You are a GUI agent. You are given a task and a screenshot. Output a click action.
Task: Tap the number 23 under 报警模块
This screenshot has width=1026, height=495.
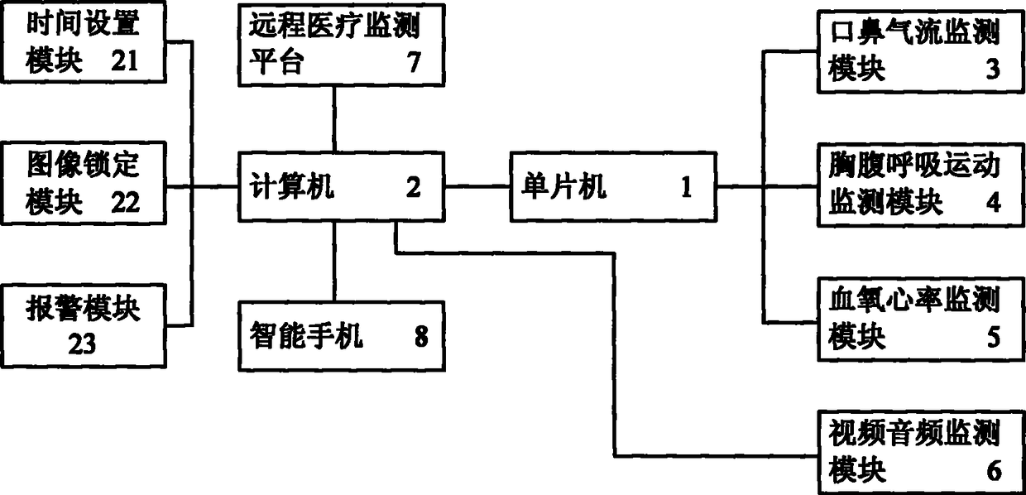82,344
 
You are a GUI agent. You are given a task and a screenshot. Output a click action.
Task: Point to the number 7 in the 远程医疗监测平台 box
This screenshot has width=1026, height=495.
414,63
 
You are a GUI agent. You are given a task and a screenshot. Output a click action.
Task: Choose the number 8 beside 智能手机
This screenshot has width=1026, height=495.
421,337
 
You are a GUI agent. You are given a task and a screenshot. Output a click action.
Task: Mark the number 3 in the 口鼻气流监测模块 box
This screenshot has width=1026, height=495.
993,70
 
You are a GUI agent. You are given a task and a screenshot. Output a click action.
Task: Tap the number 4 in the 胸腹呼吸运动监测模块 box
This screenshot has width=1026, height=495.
993,203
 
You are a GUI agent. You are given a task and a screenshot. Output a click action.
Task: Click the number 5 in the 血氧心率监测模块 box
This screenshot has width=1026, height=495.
993,337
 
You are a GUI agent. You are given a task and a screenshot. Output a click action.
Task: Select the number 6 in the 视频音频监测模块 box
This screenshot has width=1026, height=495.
993,470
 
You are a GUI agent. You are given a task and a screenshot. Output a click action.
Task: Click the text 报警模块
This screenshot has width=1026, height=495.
83,311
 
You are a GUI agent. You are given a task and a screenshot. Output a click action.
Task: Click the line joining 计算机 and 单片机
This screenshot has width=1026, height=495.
478,186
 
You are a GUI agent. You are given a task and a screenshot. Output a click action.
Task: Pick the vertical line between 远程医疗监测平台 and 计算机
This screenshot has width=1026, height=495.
334,118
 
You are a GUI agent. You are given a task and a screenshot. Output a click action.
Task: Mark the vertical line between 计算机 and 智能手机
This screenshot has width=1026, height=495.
334,262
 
